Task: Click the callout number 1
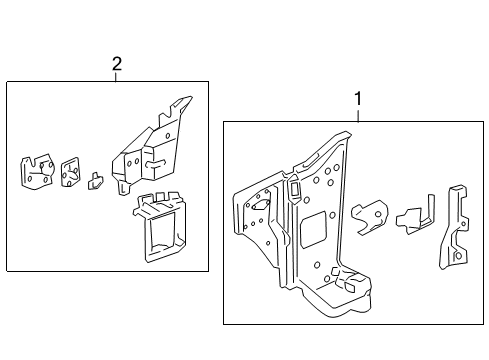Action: [357, 100]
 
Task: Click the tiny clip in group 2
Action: [97, 180]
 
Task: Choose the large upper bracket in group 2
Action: [150, 150]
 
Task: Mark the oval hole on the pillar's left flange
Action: [258, 204]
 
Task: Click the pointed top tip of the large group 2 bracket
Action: [186, 100]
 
